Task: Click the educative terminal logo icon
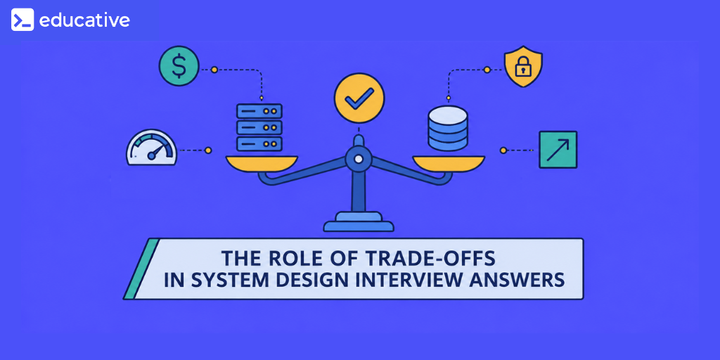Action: click(x=22, y=20)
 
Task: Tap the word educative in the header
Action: click(x=84, y=20)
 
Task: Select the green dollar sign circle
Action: click(x=179, y=66)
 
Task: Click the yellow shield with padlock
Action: click(x=523, y=68)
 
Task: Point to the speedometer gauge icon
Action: click(x=152, y=148)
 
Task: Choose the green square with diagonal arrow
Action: click(x=558, y=150)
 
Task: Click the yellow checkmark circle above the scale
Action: click(x=359, y=98)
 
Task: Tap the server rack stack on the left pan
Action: click(x=259, y=127)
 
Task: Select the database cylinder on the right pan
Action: click(x=448, y=129)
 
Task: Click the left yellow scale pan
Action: click(x=262, y=163)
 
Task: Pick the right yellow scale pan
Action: click(x=449, y=163)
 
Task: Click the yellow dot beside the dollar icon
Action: click(x=214, y=70)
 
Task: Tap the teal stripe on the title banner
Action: click(x=141, y=269)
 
